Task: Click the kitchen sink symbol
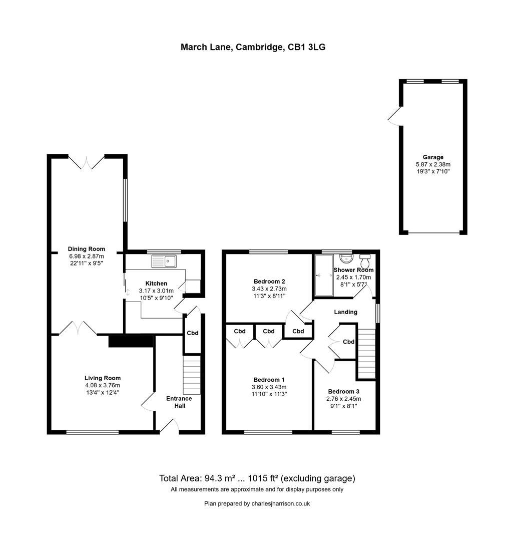coord(164,261)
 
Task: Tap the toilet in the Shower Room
coord(365,261)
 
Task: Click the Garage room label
coord(432,157)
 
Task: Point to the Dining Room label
coord(87,249)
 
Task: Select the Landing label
coord(345,312)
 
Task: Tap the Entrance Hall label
coord(179,402)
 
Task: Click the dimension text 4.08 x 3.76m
coord(102,385)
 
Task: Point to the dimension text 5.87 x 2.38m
coord(433,164)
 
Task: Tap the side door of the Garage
coord(395,116)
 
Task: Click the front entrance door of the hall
coord(169,426)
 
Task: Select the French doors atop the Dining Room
coord(87,161)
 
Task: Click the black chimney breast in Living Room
coord(131,341)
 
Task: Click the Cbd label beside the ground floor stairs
coord(192,333)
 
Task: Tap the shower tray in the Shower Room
coord(323,275)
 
